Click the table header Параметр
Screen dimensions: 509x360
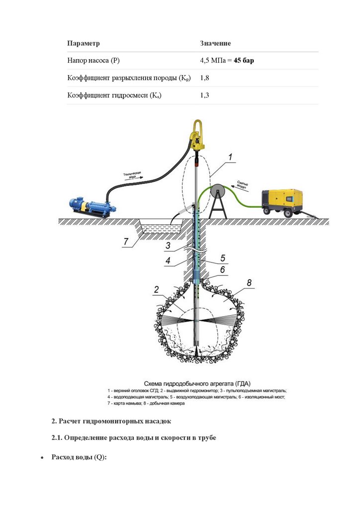[84, 44]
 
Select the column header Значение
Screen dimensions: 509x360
[215, 44]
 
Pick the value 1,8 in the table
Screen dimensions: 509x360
[204, 78]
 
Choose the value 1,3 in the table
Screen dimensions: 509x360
[204, 95]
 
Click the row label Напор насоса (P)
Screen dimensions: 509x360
[93, 61]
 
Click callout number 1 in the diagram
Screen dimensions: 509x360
[230, 158]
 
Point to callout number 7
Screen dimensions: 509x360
[127, 242]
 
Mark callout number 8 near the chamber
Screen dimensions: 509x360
[249, 283]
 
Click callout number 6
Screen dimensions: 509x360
[222, 270]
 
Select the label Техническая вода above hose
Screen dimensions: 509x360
[132, 174]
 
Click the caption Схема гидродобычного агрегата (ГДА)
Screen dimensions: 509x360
[197, 383]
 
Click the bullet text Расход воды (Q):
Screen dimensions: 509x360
[79, 457]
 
